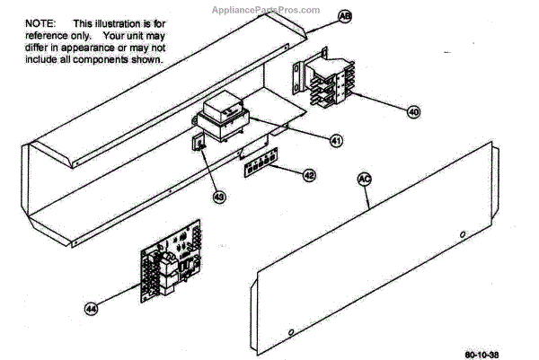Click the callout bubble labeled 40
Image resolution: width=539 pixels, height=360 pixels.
point(412,113)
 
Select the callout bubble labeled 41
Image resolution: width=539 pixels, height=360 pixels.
point(335,141)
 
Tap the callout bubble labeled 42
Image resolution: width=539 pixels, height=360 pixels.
point(308,176)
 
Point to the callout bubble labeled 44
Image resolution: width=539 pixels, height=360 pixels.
point(91,308)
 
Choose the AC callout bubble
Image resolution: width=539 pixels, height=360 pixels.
point(364,179)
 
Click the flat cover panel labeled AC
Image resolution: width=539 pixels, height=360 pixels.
point(377,260)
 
